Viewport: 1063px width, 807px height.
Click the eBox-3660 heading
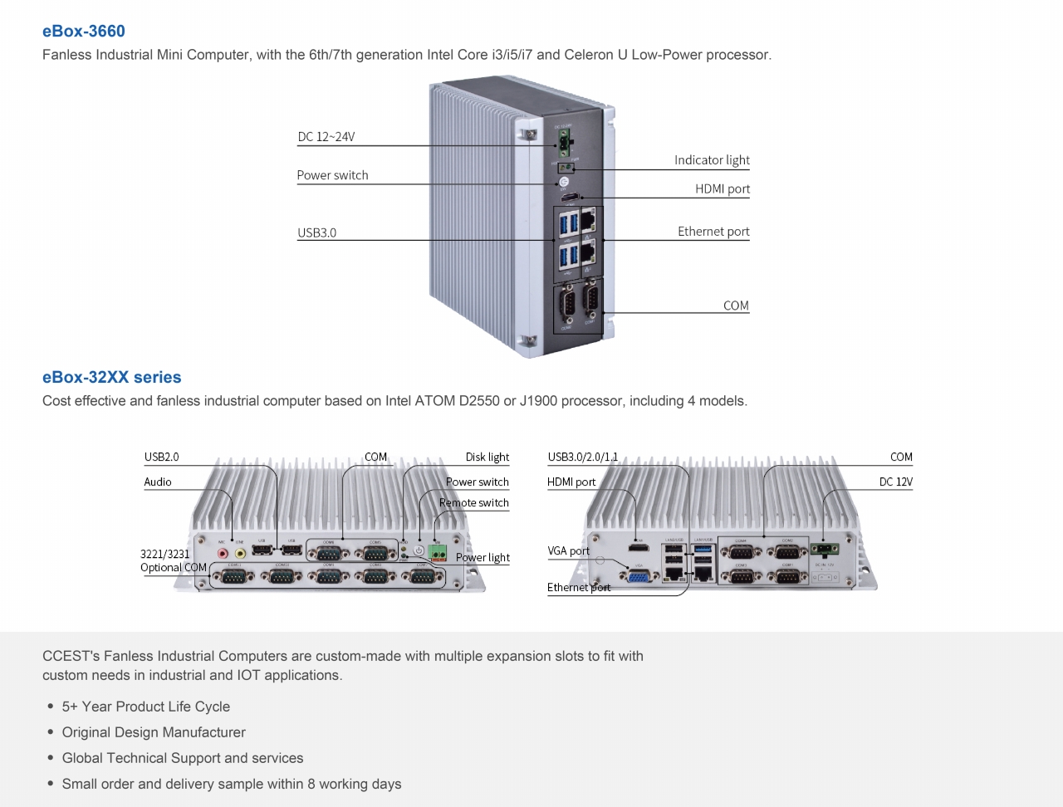click(x=84, y=32)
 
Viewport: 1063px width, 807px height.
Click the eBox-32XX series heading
click(x=112, y=377)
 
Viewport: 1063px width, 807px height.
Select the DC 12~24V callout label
click(x=326, y=137)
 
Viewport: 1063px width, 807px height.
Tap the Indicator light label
click(x=712, y=160)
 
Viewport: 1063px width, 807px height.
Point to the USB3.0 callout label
click(x=317, y=233)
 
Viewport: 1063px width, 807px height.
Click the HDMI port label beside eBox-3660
click(x=723, y=189)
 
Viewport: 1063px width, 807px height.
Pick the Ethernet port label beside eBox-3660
click(x=713, y=232)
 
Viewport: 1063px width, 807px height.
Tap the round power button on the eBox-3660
click(x=564, y=182)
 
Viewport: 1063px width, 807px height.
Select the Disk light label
click(x=487, y=457)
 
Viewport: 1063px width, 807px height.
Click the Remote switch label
click(x=474, y=503)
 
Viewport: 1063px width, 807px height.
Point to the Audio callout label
click(x=158, y=482)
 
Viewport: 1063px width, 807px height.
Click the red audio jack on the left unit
click(x=222, y=552)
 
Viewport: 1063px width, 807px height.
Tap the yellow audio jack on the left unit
click(x=240, y=552)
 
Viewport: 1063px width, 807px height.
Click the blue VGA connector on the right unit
click(x=639, y=575)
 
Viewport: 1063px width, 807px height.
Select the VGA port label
click(x=569, y=551)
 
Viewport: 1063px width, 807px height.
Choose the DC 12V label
click(x=896, y=482)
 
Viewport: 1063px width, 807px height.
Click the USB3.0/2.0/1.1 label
click(x=583, y=457)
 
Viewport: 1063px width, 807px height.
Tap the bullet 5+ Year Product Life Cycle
click(x=146, y=707)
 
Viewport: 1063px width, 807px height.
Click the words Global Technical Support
click(x=141, y=758)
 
